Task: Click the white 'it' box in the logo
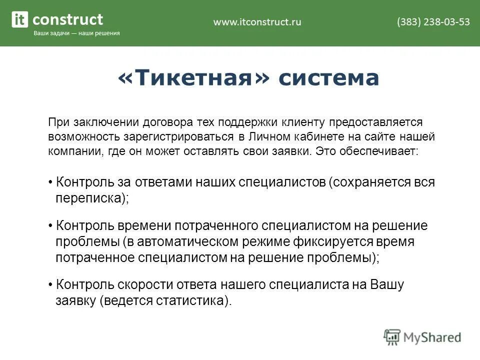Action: (x=20, y=20)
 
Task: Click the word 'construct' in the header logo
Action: (x=67, y=19)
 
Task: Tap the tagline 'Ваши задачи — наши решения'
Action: (x=76, y=33)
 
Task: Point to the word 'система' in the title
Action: (x=328, y=78)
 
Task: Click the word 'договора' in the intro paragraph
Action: (x=162, y=122)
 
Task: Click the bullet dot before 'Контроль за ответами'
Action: (x=51, y=182)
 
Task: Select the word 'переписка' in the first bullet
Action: (x=89, y=198)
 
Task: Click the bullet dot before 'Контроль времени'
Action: (x=51, y=226)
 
